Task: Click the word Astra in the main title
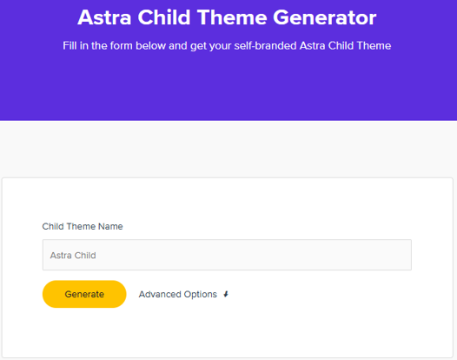click(x=104, y=17)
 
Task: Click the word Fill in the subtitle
click(x=70, y=45)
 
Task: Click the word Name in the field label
click(x=110, y=226)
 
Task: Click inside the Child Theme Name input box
click(x=261, y=255)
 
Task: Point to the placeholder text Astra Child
click(x=73, y=256)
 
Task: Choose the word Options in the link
click(x=201, y=295)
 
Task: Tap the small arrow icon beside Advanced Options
click(x=226, y=295)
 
